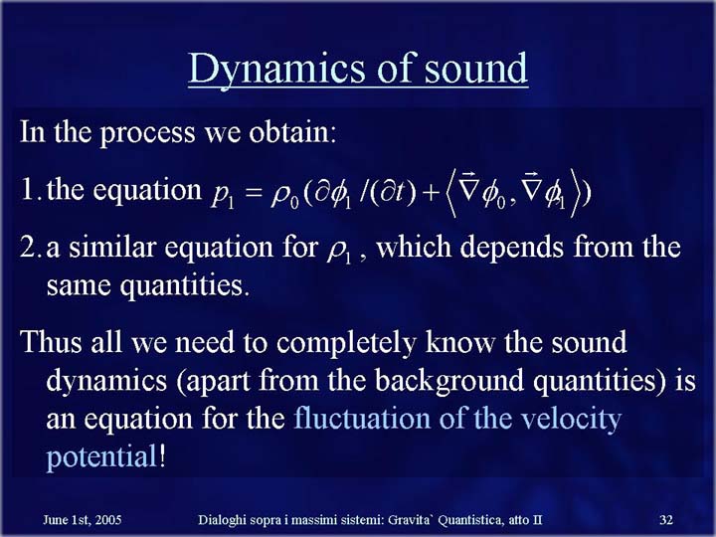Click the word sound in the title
(x=476, y=68)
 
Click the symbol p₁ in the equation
(x=223, y=196)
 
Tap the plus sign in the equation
(x=430, y=194)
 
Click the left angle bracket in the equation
(x=450, y=192)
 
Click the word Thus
(x=51, y=341)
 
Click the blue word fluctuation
(x=362, y=418)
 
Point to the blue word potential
(x=101, y=457)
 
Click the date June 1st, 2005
(x=83, y=520)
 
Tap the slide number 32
(x=666, y=520)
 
